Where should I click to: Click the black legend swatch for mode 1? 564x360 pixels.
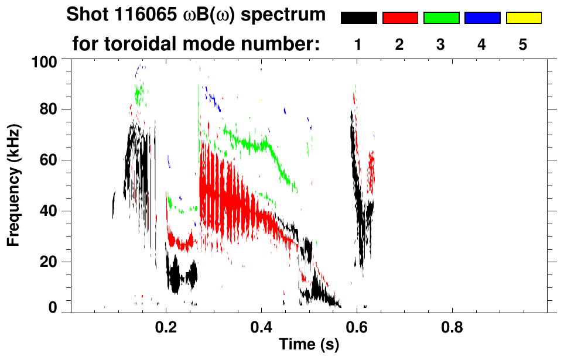[x=359, y=18]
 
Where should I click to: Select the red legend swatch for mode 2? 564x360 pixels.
[x=400, y=18]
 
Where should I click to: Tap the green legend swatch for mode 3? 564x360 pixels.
[x=441, y=18]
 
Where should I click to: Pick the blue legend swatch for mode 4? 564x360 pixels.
[x=482, y=18]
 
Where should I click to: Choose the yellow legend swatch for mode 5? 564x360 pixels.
[x=523, y=18]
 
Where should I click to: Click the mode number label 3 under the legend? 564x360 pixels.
[x=441, y=44]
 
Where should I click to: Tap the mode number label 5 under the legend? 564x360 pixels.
[x=523, y=44]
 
